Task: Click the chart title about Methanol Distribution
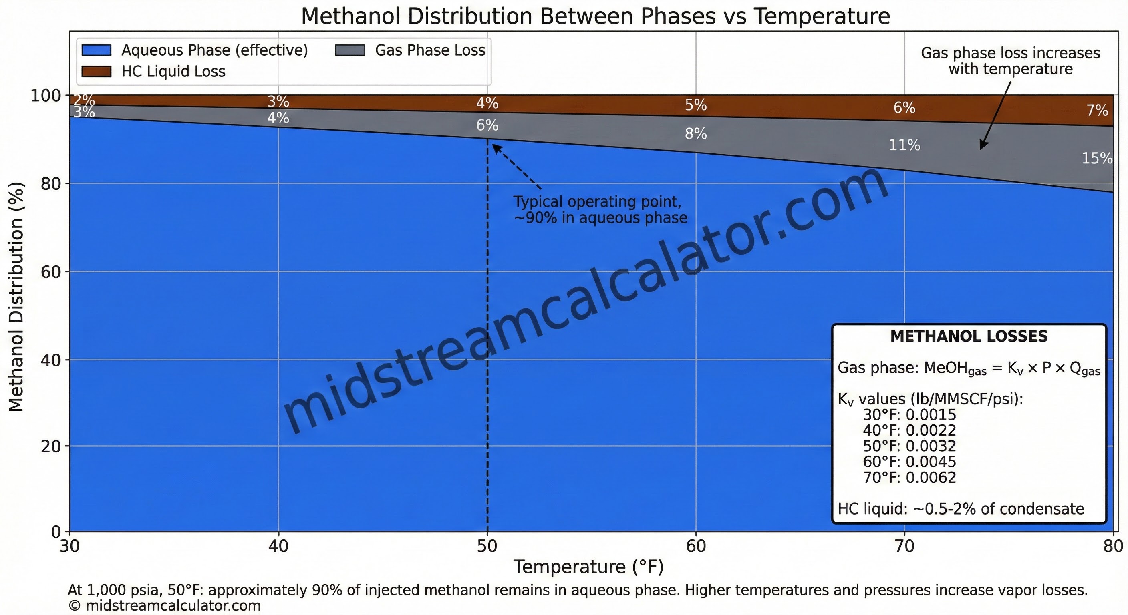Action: coord(595,17)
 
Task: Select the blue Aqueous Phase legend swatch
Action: coord(96,50)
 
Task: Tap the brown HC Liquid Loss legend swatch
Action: coord(96,71)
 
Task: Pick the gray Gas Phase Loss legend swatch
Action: coord(350,50)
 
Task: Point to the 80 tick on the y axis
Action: coord(50,184)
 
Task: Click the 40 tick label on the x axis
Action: coord(278,546)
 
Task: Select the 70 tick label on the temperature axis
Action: coord(904,546)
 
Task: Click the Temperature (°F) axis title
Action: coord(588,567)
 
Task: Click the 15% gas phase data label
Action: coord(1096,158)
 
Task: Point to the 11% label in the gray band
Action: coord(904,145)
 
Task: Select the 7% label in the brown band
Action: coord(1097,110)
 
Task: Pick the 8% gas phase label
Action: coord(696,133)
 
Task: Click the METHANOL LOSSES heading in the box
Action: coord(969,336)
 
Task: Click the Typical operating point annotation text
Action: coord(600,210)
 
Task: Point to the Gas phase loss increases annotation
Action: coord(1010,61)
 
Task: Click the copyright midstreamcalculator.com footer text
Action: coord(165,606)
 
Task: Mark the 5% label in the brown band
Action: coord(696,105)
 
